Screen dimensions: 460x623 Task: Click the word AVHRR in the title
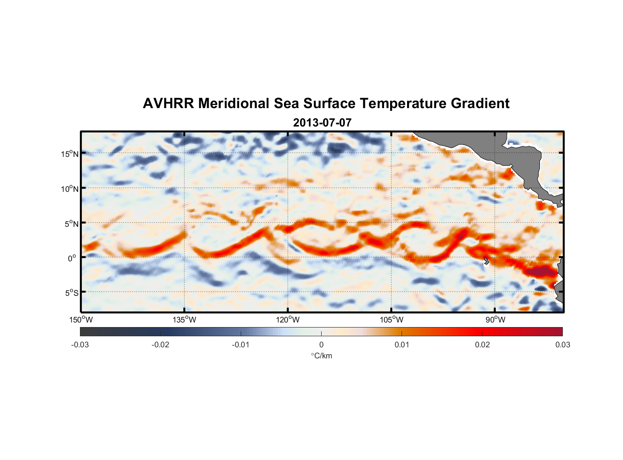[x=168, y=103]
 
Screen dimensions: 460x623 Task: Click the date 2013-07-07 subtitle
[x=322, y=123]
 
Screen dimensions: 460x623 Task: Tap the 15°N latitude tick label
[x=69, y=154]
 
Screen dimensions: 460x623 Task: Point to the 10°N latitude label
[x=69, y=189]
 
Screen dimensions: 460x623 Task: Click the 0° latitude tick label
[x=72, y=258]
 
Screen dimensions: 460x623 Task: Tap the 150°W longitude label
[x=81, y=320]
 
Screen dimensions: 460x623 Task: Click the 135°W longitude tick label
[x=184, y=320]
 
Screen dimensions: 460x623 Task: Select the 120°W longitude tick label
[x=288, y=320]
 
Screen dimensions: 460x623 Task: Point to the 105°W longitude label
[x=391, y=320]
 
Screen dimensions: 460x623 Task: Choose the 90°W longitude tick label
[x=495, y=320]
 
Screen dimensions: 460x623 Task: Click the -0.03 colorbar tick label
[x=80, y=345]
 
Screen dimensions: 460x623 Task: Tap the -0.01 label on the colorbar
[x=241, y=345]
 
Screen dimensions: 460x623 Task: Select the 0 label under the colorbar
[x=321, y=345]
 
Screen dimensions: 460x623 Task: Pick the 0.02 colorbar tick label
[x=482, y=345]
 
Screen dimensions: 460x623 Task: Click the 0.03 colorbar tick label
[x=562, y=345]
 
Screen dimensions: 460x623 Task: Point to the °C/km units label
[x=321, y=356]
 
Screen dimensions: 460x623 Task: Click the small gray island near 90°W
[x=486, y=261]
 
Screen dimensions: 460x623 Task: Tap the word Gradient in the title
[x=480, y=103]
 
